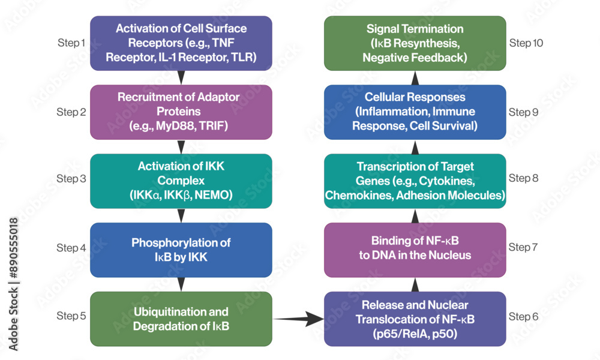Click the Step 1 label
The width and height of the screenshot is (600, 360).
pyautogui.click(x=71, y=43)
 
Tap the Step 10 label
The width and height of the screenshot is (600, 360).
pyautogui.click(x=528, y=43)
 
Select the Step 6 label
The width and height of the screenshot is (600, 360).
pyautogui.click(x=523, y=316)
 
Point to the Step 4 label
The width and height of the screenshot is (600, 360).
pyautogui.click(x=71, y=248)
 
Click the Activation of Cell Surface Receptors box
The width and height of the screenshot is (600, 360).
pyautogui.click(x=181, y=43)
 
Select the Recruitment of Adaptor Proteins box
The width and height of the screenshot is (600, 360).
pyautogui.click(x=181, y=112)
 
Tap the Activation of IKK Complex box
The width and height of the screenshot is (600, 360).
pyautogui.click(x=181, y=181)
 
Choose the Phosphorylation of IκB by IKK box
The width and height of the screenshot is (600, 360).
pyautogui.click(x=181, y=250)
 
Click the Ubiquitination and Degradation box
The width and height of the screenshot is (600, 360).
pyautogui.click(x=181, y=319)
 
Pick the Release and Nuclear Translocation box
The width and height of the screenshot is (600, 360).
pyautogui.click(x=415, y=319)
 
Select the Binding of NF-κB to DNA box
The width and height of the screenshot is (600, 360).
pyautogui.click(x=415, y=250)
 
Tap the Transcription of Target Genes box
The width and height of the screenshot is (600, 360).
pyautogui.click(x=415, y=181)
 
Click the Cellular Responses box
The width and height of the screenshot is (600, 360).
pyautogui.click(x=415, y=112)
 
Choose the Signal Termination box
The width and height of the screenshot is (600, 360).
pyautogui.click(x=415, y=43)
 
